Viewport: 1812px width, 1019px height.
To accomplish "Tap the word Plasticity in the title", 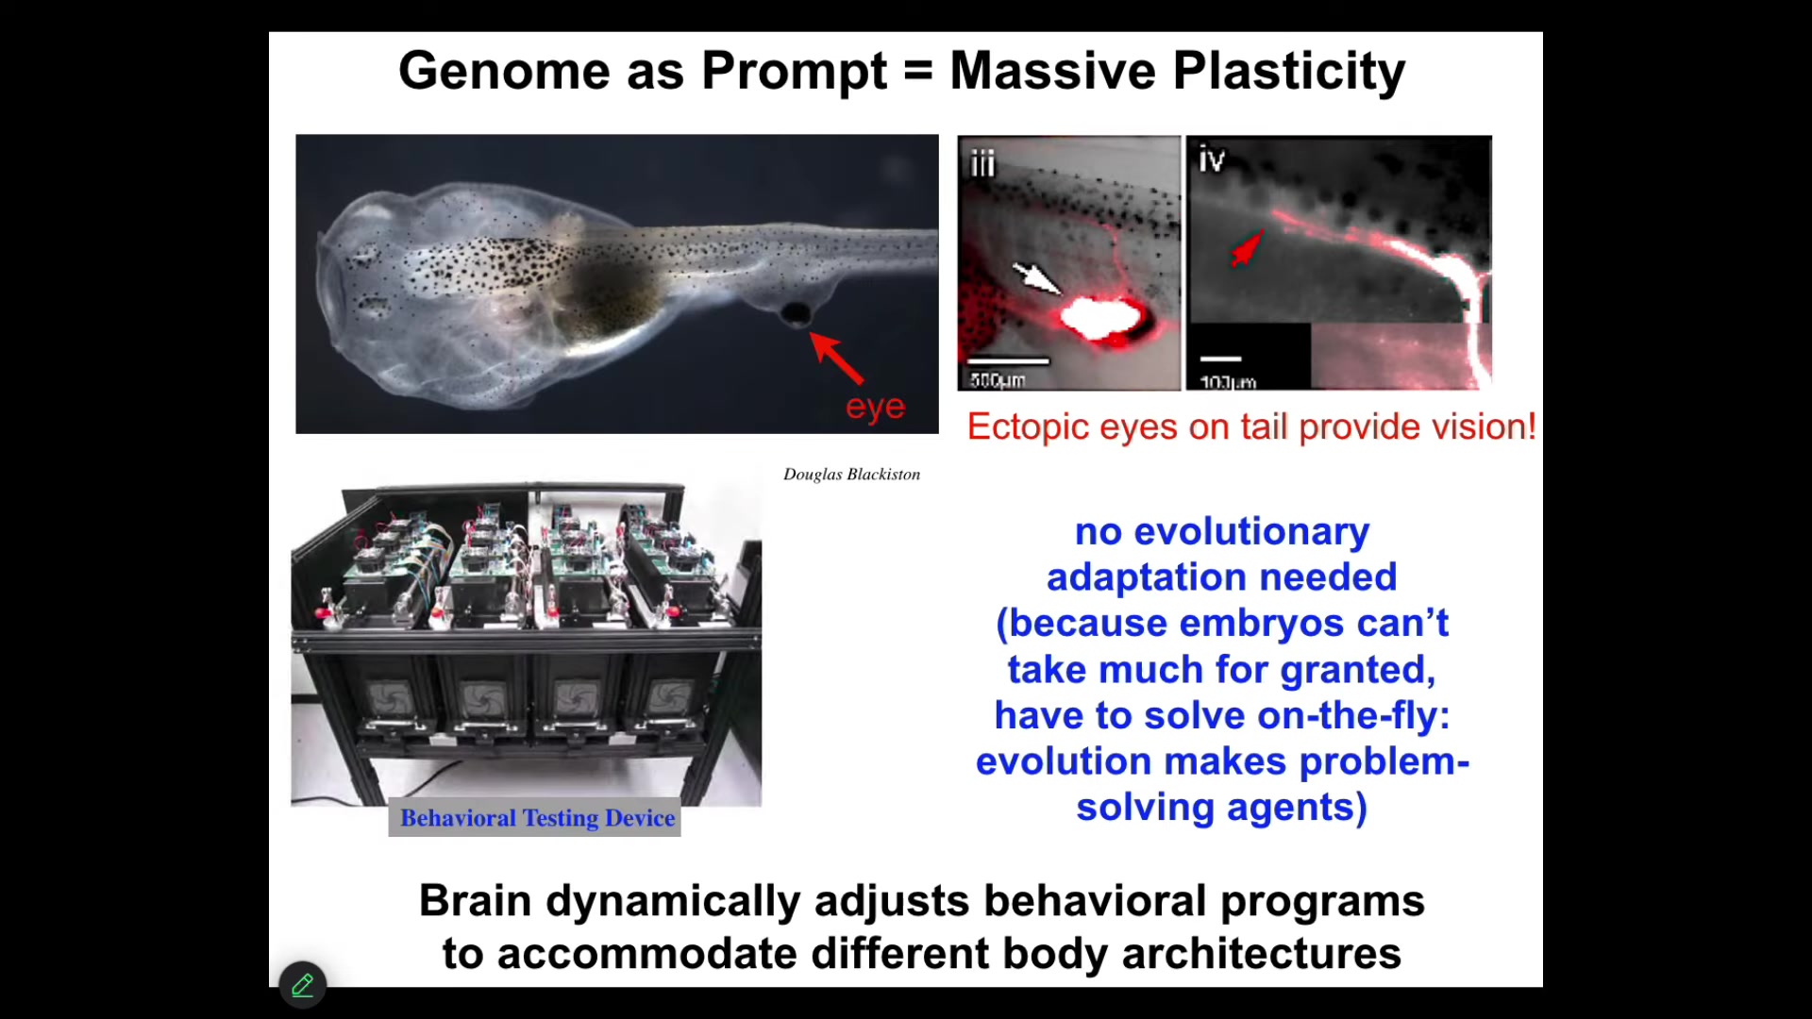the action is (x=1289, y=73).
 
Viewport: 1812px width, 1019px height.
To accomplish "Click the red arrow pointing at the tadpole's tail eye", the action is (x=836, y=358).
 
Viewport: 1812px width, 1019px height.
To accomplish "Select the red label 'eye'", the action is (x=876, y=408).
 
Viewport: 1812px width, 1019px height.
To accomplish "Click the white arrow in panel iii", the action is (x=1036, y=277).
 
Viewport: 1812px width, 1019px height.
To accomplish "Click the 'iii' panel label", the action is (x=982, y=164).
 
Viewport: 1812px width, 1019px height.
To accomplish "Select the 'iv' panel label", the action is (x=1212, y=159).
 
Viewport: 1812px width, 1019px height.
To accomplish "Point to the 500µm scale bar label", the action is (x=998, y=380).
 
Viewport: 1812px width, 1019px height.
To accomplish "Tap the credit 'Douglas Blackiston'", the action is (x=851, y=475).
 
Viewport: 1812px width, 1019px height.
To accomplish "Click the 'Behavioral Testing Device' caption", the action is (x=537, y=818).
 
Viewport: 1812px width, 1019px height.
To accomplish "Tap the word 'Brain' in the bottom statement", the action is (x=476, y=901).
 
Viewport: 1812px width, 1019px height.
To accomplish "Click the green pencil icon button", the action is (x=303, y=986).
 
